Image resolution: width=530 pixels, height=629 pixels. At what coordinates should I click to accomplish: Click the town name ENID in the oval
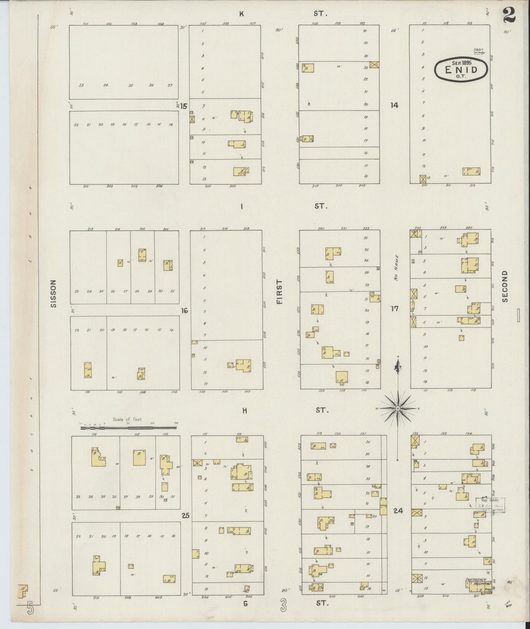tap(461, 69)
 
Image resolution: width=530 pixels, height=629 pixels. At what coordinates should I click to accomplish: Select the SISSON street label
tap(53, 293)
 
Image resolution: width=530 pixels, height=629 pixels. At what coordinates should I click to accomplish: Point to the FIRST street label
tap(280, 292)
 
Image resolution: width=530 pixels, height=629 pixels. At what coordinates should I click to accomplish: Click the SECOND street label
tap(505, 286)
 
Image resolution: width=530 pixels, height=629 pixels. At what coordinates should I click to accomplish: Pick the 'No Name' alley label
tap(396, 268)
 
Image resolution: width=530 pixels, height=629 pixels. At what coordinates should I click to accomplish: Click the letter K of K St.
tap(242, 14)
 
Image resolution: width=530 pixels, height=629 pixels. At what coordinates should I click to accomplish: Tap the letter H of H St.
tap(244, 411)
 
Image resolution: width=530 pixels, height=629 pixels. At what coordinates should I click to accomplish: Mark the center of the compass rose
tap(398, 408)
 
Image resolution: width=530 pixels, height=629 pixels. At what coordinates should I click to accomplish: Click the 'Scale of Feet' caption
tap(128, 419)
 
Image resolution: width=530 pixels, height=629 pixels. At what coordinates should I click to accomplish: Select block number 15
tap(183, 106)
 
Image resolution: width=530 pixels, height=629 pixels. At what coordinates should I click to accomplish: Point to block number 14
tap(394, 105)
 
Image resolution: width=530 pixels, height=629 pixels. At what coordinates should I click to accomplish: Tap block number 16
tap(184, 311)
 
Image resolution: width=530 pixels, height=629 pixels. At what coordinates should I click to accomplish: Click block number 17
tap(394, 309)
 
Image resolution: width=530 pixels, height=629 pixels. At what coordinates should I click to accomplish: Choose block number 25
tap(185, 516)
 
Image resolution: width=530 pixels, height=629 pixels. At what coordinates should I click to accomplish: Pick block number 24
tap(398, 510)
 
